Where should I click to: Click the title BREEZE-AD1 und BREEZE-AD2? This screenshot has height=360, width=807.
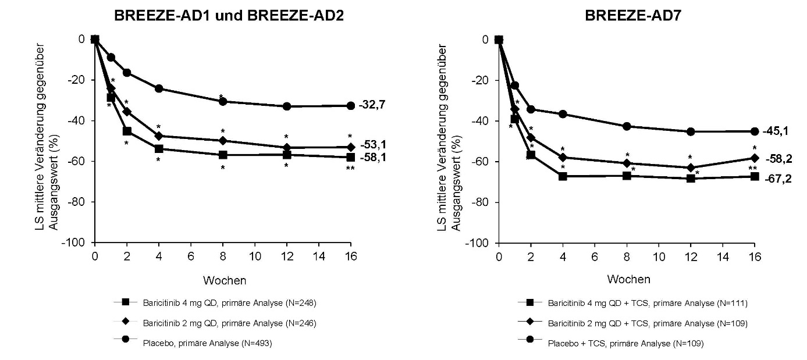pos(229,16)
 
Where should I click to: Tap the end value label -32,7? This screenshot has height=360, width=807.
pos(372,105)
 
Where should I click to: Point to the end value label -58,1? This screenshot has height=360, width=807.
pos(372,158)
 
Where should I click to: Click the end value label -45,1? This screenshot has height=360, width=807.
pos(776,131)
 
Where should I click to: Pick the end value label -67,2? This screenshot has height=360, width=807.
pos(776,177)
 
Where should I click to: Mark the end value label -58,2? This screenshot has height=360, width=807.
pos(776,158)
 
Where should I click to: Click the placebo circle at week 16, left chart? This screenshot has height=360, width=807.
pos(350,106)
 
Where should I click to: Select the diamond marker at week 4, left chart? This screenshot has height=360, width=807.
pos(158,136)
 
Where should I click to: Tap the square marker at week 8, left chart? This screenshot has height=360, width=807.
pos(222,155)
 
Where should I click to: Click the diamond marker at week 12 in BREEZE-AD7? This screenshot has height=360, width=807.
pos(691,168)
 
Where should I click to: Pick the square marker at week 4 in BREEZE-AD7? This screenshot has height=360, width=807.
pos(563,176)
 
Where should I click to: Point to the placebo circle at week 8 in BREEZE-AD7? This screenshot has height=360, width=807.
pos(627,126)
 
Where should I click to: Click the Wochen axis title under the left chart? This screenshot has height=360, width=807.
pos(225,281)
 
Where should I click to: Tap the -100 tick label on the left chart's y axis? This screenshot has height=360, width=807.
pos(76,243)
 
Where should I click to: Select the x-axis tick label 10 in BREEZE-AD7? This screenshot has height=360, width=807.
pos(659,256)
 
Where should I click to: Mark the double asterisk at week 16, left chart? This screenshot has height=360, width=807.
pos(350,169)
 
